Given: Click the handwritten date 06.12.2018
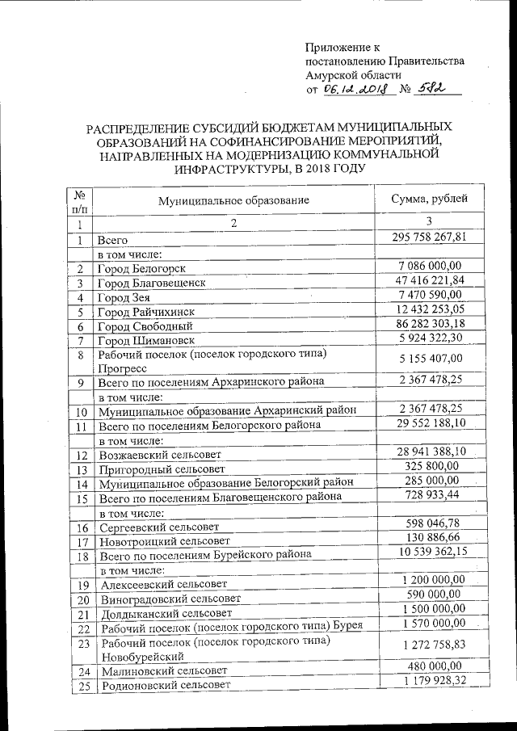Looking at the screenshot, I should tap(356, 90).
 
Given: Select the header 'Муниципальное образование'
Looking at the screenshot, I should tap(233, 201).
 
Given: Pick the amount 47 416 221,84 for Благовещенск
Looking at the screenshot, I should tap(425, 280).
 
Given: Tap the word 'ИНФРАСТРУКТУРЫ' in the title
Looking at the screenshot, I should tap(263, 170).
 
